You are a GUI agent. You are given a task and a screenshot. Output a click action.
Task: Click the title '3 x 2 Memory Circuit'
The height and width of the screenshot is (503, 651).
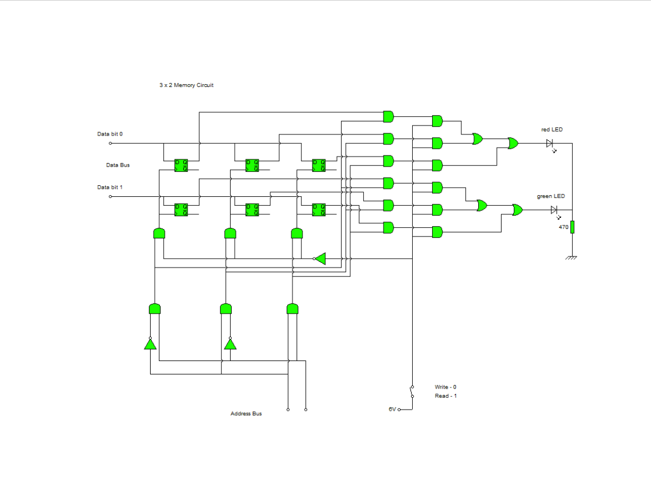click(186, 85)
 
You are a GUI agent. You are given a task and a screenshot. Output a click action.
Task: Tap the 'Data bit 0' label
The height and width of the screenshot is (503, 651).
click(110, 134)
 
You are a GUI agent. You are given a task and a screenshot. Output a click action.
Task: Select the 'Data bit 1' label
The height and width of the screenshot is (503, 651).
click(110, 188)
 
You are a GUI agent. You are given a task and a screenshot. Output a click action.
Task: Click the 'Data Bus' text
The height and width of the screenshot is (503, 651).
click(118, 165)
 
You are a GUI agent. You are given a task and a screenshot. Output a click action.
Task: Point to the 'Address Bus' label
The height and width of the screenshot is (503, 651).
click(246, 414)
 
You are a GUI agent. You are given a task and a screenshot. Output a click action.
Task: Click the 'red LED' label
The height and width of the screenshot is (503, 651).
click(552, 130)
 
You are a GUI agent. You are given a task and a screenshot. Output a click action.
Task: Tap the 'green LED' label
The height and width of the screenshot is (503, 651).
click(551, 196)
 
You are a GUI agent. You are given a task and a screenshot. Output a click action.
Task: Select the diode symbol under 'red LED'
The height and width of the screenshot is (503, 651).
click(550, 144)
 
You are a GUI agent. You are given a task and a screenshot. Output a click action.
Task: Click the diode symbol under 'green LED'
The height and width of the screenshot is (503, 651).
click(554, 210)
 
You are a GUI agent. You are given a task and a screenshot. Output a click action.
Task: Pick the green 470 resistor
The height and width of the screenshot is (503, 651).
click(573, 227)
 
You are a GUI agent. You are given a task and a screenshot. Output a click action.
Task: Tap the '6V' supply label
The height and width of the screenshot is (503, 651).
click(392, 409)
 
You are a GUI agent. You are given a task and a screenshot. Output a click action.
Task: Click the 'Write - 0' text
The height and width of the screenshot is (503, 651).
click(445, 387)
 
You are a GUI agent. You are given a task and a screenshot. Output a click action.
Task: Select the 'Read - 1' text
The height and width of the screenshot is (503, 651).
click(445, 396)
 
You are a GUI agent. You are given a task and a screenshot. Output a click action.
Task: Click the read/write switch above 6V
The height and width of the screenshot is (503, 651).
click(412, 391)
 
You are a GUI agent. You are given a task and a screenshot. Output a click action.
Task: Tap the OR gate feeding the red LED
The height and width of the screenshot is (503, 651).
click(514, 143)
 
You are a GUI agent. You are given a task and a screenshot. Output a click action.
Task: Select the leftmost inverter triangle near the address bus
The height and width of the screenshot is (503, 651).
click(151, 344)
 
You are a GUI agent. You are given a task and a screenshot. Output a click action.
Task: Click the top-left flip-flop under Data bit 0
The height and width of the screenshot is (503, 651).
click(181, 165)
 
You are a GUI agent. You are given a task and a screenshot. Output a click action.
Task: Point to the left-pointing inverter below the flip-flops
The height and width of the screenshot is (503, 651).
click(320, 258)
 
